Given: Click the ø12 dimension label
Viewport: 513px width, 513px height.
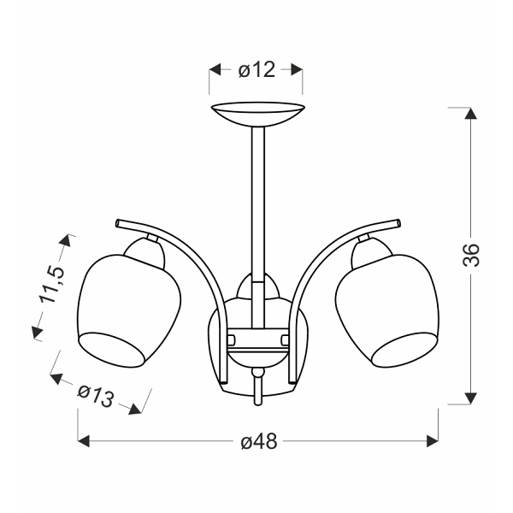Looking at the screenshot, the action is click(256, 70).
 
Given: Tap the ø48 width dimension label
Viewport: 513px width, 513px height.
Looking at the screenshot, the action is click(259, 442).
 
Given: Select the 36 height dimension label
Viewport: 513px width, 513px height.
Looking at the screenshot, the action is click(471, 255).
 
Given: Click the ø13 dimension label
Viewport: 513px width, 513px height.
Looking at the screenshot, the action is click(96, 396).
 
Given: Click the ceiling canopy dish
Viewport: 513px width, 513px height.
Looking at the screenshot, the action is click(258, 113).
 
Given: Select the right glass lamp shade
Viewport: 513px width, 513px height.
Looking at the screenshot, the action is click(387, 310).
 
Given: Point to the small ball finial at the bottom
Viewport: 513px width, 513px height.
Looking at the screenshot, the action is click(258, 372).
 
